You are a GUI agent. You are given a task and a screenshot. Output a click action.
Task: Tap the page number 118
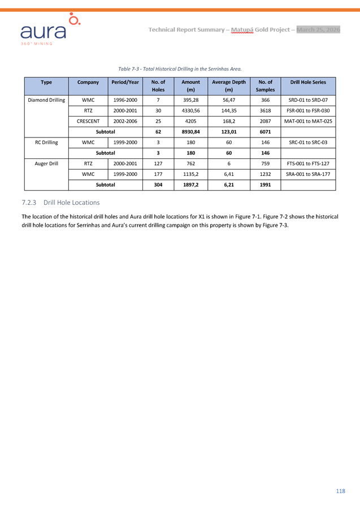pos(340,490)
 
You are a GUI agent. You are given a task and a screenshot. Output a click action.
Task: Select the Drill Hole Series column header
pos(308,82)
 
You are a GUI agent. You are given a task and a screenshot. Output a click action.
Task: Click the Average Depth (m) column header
pos(228,86)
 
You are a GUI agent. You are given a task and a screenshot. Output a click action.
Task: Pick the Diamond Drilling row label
pos(46,100)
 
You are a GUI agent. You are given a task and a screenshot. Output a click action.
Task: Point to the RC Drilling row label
pos(46,143)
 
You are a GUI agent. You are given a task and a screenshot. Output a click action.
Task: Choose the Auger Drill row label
pos(46,163)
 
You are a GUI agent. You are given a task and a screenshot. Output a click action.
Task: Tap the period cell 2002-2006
pos(125,121)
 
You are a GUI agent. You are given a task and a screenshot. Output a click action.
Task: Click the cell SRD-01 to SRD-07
pos(308,100)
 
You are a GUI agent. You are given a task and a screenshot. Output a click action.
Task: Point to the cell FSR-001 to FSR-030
pos(308,111)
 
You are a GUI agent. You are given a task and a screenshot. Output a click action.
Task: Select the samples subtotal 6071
pos(264,132)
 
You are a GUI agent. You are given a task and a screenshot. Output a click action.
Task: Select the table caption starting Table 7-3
pos(180,69)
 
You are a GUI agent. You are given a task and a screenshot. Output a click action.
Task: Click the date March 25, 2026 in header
pos(318,29)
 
